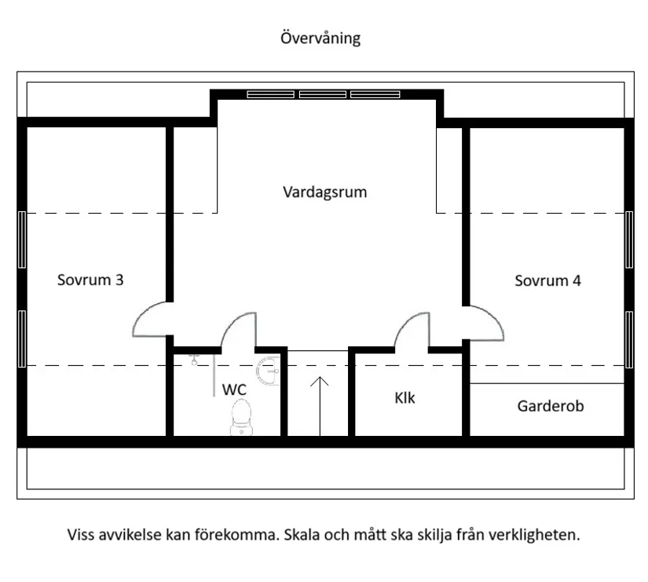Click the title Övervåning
tap(320, 38)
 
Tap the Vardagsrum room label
tap(324, 192)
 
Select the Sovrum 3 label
tap(90, 280)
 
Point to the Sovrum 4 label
tap(547, 280)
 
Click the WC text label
tap(234, 390)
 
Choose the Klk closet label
tap(405, 397)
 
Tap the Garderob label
tap(550, 406)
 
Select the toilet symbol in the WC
tap(240, 417)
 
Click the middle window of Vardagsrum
tap(323, 94)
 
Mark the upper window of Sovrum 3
tap(22, 240)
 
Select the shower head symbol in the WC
tap(195, 361)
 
